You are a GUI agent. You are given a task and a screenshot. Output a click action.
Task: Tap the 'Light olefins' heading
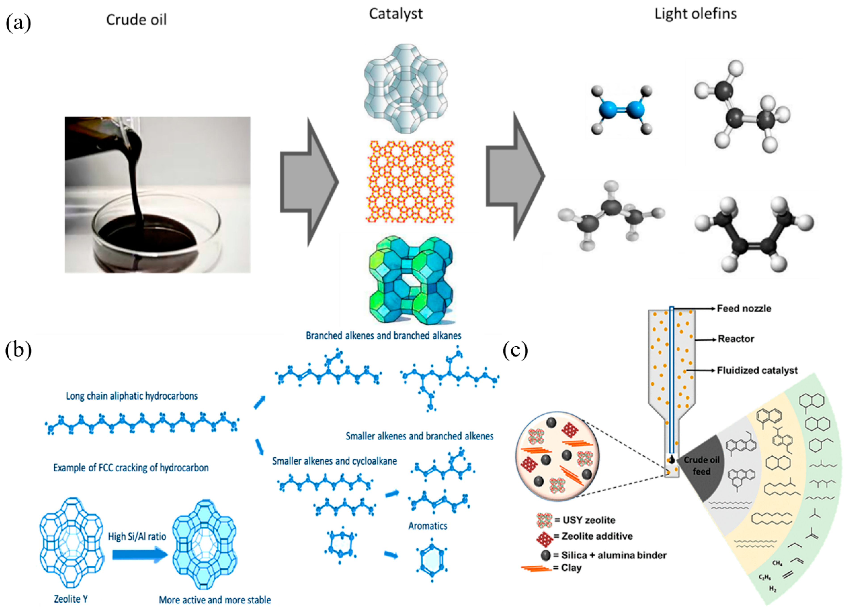pyautogui.click(x=695, y=14)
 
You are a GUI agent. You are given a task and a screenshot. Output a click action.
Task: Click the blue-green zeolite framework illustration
pyautogui.click(x=410, y=280)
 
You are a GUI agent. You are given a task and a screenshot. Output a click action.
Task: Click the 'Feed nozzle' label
pyautogui.click(x=744, y=309)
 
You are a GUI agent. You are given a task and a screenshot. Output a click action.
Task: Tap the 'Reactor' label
pyautogui.click(x=736, y=339)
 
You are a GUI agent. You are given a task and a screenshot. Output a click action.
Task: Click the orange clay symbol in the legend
pyautogui.click(x=536, y=569)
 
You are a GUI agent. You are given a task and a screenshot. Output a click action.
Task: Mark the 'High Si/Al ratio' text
pyautogui.click(x=137, y=536)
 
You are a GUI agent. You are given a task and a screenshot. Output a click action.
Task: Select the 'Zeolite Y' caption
pyautogui.click(x=71, y=599)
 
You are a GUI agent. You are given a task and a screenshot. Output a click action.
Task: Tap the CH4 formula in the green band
pyautogui.click(x=777, y=563)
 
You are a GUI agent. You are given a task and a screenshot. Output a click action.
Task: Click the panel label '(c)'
pyautogui.click(x=515, y=350)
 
